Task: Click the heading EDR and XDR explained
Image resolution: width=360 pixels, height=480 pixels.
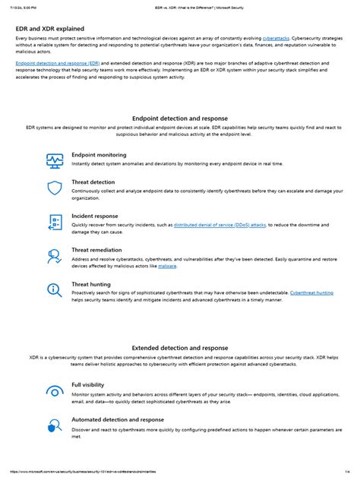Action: click(49, 29)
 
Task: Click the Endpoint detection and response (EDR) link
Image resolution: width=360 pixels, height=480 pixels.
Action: click(58, 63)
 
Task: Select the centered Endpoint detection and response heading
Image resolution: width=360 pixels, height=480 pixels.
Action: click(179, 119)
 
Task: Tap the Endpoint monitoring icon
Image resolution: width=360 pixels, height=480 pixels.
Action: click(55, 159)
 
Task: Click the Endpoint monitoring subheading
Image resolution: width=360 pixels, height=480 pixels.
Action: click(99, 154)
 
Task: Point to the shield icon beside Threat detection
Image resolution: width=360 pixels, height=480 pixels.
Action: click(55, 189)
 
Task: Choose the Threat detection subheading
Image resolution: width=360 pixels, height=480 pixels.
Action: click(93, 182)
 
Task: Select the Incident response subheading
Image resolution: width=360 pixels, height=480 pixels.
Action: click(95, 216)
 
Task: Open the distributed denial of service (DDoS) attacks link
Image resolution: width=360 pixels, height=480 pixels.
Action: click(219, 225)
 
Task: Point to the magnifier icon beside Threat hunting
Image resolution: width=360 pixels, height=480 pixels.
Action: click(55, 290)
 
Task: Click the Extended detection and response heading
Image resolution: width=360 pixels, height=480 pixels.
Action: click(179, 348)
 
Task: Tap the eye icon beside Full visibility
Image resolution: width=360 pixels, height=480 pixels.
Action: click(55, 391)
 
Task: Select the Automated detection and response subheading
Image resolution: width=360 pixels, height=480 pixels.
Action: click(117, 419)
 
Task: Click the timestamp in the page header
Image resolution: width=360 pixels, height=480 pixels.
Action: click(22, 5)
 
